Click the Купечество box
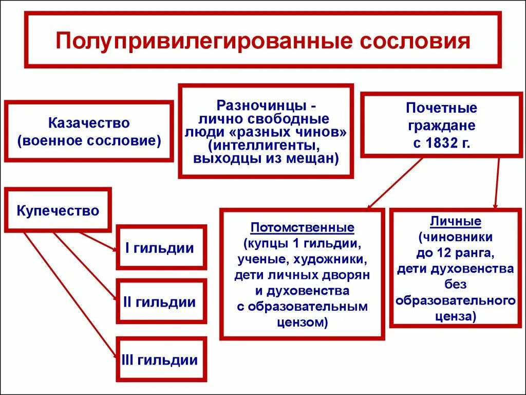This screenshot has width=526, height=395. [58, 210]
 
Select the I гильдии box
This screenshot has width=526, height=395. [161, 247]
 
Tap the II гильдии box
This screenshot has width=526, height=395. [161, 301]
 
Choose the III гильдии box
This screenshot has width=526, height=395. [161, 360]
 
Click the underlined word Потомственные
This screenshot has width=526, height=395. [302, 227]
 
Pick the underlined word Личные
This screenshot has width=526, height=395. [456, 221]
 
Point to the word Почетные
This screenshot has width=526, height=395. [441, 108]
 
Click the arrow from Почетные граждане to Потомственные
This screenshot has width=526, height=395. [396, 183]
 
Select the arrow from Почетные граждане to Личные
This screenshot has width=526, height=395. [497, 183]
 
